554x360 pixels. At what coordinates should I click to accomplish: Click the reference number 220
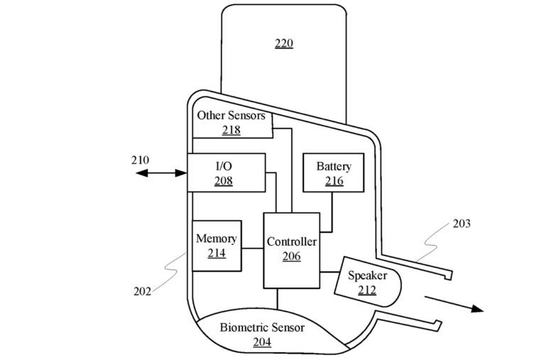click(283, 44)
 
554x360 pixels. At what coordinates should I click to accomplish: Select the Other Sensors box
click(231, 123)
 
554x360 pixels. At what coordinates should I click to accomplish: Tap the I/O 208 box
click(226, 173)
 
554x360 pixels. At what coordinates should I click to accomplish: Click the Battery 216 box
click(333, 173)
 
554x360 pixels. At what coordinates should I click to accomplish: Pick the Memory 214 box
click(217, 246)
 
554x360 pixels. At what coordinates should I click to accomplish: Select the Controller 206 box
click(291, 249)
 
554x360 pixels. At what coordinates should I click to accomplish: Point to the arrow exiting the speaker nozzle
click(455, 302)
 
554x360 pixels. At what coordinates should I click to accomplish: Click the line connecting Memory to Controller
click(252, 248)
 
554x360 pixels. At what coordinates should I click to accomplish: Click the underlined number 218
click(231, 130)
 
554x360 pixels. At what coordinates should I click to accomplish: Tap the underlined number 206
click(291, 256)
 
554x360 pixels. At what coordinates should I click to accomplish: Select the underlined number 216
click(334, 181)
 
